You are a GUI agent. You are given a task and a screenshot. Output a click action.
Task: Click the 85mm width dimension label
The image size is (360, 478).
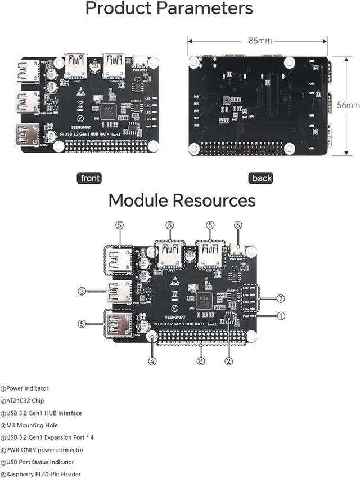[x=260, y=41]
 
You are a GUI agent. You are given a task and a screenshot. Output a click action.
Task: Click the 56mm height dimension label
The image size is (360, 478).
[x=348, y=105]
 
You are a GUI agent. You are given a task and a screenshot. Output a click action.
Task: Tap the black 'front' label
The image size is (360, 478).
[x=90, y=178]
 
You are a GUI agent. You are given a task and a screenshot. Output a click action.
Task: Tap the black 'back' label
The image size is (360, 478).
[x=262, y=178]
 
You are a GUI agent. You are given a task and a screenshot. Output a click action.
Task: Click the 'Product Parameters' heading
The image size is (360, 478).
[x=169, y=9]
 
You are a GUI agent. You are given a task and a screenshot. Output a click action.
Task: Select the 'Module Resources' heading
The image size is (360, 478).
[x=181, y=200]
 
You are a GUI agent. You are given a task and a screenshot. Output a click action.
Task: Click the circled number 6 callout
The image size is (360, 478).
[x=238, y=225]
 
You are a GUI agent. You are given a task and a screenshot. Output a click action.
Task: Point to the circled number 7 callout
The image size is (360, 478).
[x=281, y=298]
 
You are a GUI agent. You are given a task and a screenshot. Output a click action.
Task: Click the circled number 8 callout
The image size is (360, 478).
[x=201, y=360]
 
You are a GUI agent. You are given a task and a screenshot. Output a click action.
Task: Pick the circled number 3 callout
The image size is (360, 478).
[x=82, y=291]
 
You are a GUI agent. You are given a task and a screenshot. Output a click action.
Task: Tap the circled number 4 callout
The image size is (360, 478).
[x=152, y=360]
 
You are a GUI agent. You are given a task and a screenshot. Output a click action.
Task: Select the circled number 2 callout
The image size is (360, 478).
[x=229, y=360]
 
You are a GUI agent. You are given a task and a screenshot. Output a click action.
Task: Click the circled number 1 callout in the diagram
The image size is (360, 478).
[x=281, y=316]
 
